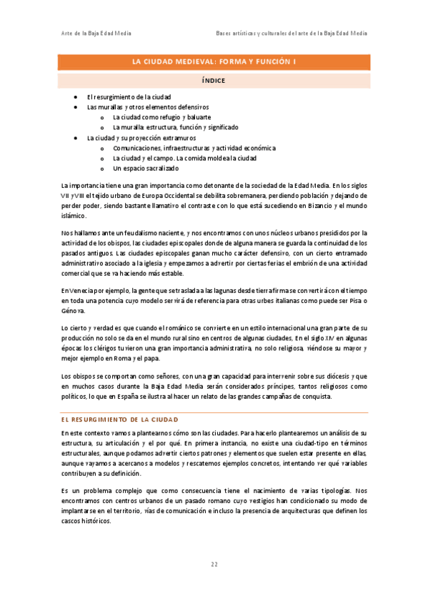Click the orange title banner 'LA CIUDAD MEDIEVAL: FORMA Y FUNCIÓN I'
coord(214,62)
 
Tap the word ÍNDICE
coord(214,81)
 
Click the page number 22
coord(214,565)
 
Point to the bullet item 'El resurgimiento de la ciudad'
coord(129,96)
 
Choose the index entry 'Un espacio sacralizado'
coord(145,168)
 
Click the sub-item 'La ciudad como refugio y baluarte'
coord(161,116)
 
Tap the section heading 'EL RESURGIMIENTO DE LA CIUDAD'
coord(119,419)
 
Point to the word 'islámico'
coord(74,215)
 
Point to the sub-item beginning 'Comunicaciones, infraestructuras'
coord(194,148)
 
